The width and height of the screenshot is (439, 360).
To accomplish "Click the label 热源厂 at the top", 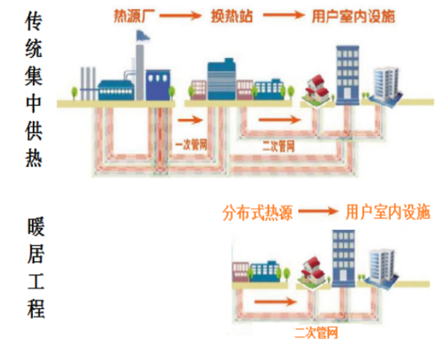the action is pos(134,16).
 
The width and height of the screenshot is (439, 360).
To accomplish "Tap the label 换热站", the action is pos(232,16).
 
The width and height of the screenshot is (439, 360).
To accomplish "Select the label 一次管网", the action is pos(191,145).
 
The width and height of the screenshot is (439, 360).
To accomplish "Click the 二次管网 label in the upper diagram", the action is pos(278,146).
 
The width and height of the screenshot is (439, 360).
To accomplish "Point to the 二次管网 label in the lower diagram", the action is pos(316,333).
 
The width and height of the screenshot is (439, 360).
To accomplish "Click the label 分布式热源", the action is pos(258,213).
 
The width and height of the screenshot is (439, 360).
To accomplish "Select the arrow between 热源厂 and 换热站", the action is pos(180,15).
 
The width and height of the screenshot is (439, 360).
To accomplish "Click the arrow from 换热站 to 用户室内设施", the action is pos(284,15).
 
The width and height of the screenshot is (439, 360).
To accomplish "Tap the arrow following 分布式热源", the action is pos(318,211).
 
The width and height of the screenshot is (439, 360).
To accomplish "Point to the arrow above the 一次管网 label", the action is pos(190,120).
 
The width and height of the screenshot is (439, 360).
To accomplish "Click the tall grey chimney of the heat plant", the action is pos(140,72).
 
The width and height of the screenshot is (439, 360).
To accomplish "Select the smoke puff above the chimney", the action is pos(142,36).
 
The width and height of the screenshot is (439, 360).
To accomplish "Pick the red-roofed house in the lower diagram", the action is pos(314,272).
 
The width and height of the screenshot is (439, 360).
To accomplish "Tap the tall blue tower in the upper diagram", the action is pos(347,75).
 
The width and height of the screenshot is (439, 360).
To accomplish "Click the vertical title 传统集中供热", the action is pos(34,89).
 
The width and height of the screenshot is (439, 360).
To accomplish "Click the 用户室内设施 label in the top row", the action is pos(353,16).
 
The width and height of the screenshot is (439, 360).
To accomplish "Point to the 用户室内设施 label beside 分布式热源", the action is pos(388,212).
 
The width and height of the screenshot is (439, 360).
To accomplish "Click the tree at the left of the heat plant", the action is pos(74,93).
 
